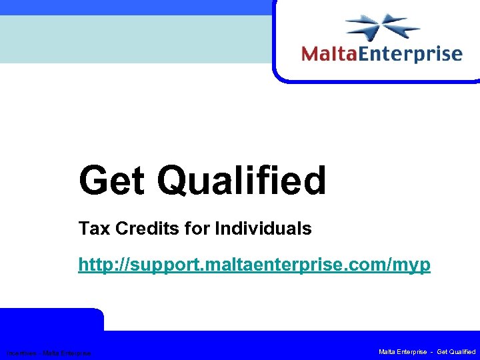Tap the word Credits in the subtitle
pyautogui.click(x=143, y=229)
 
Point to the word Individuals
pyautogui.click(x=263, y=229)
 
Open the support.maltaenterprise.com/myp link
pyautogui.click(x=254, y=265)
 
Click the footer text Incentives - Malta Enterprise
pyautogui.click(x=48, y=353)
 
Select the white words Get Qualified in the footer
pyautogui.click(x=455, y=351)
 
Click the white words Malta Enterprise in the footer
pyautogui.click(x=403, y=351)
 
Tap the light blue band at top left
pyautogui.click(x=133, y=39)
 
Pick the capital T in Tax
pyautogui.click(x=83, y=229)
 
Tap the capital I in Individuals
pyautogui.click(x=217, y=229)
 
